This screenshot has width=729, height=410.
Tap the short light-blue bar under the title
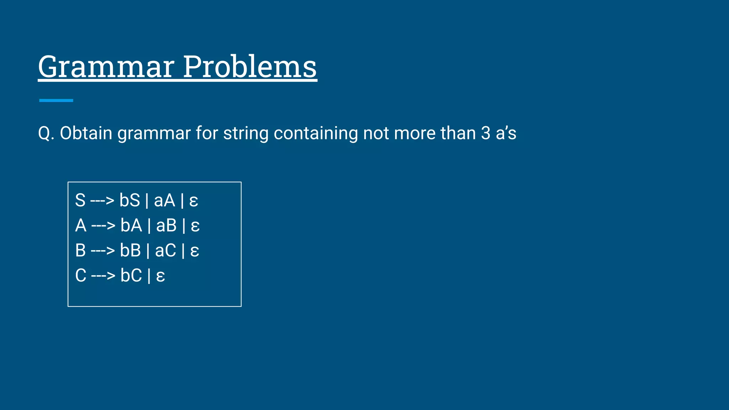[56, 100]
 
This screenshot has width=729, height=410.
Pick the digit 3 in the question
[486, 133]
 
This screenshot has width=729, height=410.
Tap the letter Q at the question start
[44, 133]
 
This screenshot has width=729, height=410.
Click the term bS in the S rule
[130, 200]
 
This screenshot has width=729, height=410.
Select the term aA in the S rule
[164, 200]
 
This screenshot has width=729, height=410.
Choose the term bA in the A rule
[131, 225]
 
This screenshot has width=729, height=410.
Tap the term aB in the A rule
[166, 225]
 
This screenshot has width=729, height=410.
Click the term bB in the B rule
[130, 250]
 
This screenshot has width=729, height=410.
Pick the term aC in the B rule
[166, 250]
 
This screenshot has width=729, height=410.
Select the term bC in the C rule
[131, 275]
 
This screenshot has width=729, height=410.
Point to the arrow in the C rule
[103, 275]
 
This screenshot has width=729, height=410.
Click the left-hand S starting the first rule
[80, 200]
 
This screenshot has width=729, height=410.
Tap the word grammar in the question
[154, 133]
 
